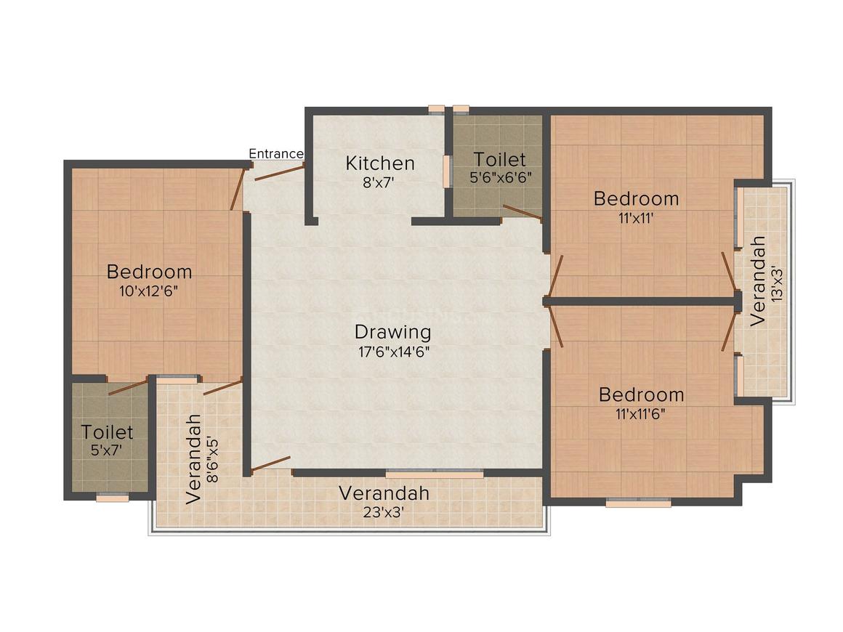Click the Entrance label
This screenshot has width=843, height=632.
point(275,153)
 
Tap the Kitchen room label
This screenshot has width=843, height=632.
point(380,163)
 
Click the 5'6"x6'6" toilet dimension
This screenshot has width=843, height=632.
point(499,177)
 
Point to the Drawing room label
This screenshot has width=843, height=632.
point(392,332)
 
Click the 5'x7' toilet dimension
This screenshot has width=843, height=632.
point(107,450)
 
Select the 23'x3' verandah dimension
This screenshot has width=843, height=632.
point(384,511)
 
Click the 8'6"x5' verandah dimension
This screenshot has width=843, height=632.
point(212,458)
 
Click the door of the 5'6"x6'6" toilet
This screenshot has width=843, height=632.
point(521,211)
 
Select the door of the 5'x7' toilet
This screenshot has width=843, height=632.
point(127,386)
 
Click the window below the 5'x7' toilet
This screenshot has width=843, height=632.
point(112,498)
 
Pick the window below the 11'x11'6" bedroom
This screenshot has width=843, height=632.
point(638,502)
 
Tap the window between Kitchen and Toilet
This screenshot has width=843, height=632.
point(447,171)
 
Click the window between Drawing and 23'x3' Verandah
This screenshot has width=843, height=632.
point(434,474)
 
